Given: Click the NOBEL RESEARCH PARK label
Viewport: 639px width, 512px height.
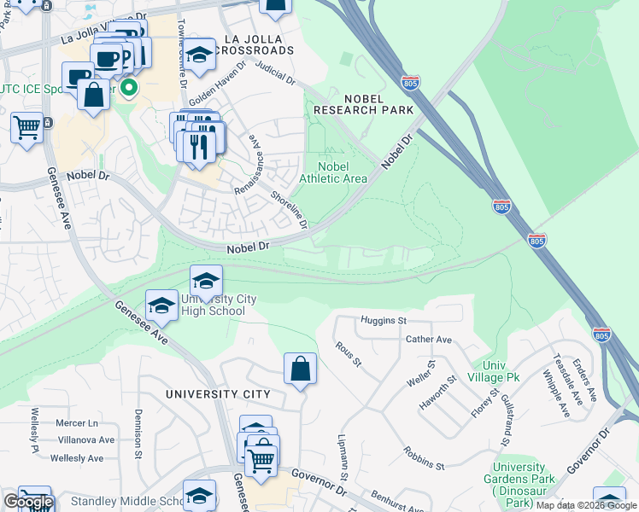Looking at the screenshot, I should coord(363,104).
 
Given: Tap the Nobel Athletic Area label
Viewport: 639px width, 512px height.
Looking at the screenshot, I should coord(333,172).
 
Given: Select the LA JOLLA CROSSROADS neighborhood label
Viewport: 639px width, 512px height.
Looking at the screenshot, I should coord(257,44).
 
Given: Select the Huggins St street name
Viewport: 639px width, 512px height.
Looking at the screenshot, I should coord(383,321).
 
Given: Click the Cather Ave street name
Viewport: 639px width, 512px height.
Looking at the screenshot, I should coord(429,339).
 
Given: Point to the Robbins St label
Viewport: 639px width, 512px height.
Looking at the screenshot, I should coord(424,458).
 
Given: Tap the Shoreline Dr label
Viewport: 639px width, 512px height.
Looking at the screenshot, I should coord(288,209).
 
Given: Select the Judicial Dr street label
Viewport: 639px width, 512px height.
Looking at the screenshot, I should coord(275,76).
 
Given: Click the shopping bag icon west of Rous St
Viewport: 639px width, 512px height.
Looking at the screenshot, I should coord(300,369).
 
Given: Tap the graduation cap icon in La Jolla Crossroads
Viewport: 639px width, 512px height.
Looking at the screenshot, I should coord(199,55).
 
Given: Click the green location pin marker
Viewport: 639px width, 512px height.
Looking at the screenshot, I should coord(129,87).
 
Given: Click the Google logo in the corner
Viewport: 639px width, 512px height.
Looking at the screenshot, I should coord(28,502).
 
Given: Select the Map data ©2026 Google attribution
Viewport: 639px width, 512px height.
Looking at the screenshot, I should coord(586,505).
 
